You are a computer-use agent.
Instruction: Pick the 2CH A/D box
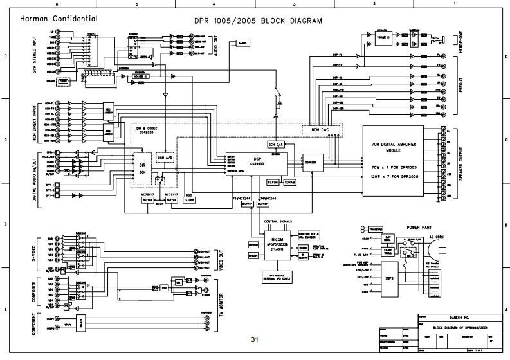tap(165, 157)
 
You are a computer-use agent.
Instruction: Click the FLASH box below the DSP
tap(272, 182)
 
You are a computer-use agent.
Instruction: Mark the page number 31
tap(255, 339)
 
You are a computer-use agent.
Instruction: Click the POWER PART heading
tap(421, 228)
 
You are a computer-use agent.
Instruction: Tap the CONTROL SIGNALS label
tap(278, 221)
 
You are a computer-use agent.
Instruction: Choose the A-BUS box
tap(242, 43)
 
